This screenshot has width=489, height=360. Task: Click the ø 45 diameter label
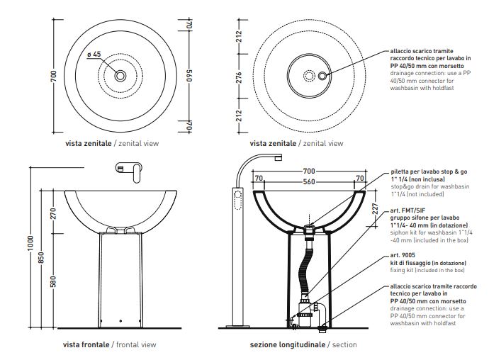(x=94, y=55)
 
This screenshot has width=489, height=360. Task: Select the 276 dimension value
(x=239, y=76)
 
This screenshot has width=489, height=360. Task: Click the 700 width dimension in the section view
(x=308, y=172)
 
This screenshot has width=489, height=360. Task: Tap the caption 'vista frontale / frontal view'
(x=109, y=344)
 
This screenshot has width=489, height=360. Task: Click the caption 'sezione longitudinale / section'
(x=303, y=344)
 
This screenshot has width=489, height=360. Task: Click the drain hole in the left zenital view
(x=120, y=75)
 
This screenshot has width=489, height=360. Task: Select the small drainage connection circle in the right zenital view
(x=324, y=75)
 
